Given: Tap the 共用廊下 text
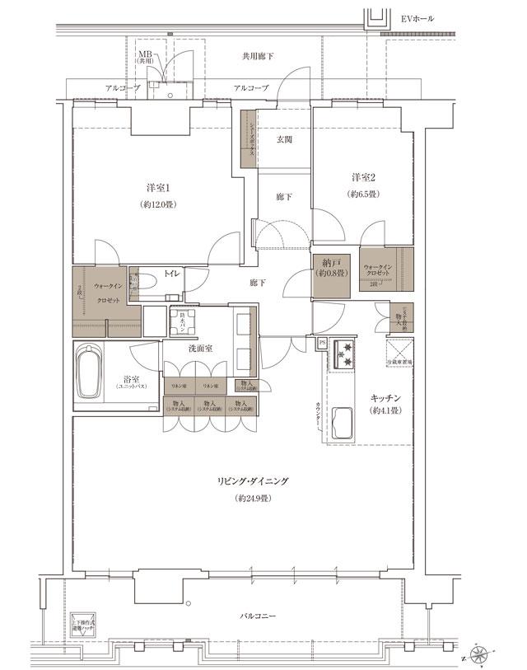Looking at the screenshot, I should pyautogui.click(x=258, y=56).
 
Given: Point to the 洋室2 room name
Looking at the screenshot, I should pyautogui.click(x=364, y=177).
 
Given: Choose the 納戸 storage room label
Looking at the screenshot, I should pyautogui.click(x=333, y=265).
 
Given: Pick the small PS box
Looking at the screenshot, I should pyautogui.click(x=320, y=342).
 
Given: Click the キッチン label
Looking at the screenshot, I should pyautogui.click(x=385, y=398).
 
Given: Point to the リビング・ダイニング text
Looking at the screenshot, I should pyautogui.click(x=252, y=481).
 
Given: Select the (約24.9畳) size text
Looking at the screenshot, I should pyautogui.click(x=252, y=499).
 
